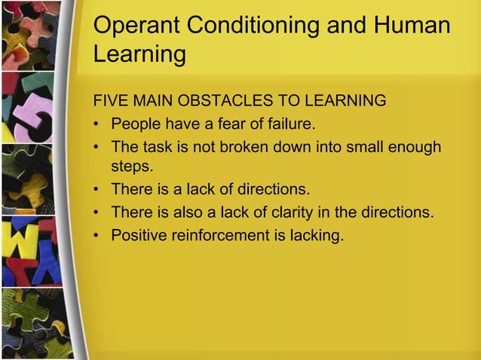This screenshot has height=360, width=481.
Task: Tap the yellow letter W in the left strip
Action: pyautogui.click(x=23, y=241)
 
